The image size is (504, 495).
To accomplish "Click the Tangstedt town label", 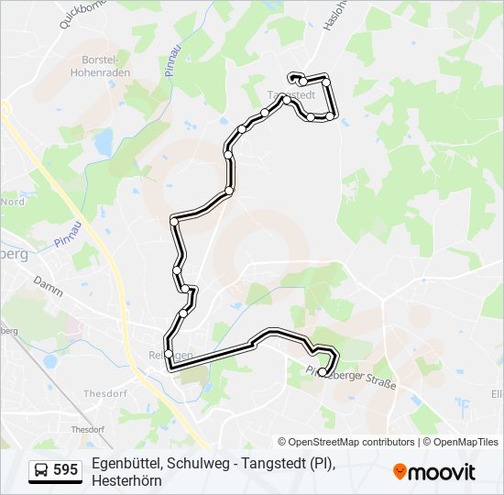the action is [291, 94].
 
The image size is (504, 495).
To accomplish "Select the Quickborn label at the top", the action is [77, 14].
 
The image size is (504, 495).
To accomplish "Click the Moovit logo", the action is [434, 472].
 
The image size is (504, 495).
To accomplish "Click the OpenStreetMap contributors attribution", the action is [346, 442].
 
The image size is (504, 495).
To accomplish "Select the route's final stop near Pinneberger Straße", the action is [321, 370].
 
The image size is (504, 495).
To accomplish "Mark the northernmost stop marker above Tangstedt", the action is [293, 77].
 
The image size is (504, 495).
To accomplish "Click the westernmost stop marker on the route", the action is [169, 353].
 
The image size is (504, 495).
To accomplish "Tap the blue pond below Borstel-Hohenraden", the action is [104, 140].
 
